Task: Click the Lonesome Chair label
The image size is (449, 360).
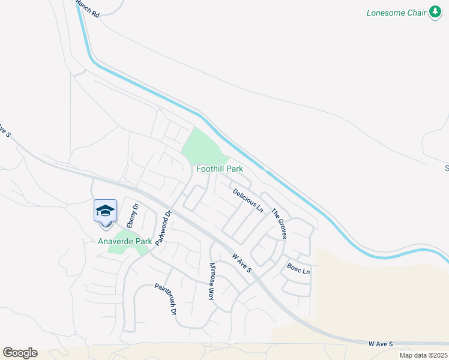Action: (x=396, y=13)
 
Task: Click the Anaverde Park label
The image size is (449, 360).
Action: (x=125, y=242)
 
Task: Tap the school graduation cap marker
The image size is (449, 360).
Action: (x=105, y=211)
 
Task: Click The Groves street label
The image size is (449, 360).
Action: (x=280, y=224)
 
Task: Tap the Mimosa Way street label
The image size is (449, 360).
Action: (x=211, y=281)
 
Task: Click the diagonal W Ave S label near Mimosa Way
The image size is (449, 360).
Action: (x=241, y=265)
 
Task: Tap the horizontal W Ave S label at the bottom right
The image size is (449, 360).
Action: (x=381, y=344)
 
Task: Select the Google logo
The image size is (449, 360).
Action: (x=20, y=352)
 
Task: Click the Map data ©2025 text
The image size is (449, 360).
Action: (x=424, y=355)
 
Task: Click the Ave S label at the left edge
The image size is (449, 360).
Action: (x=5, y=130)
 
